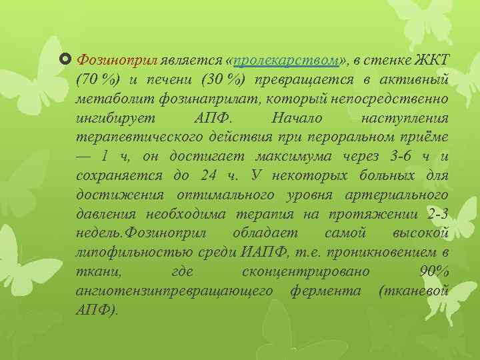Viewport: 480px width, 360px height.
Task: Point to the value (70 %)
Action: [x=99, y=81]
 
